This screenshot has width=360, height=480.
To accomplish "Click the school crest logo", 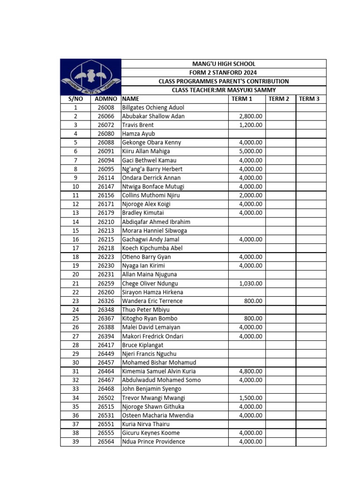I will click(90, 77).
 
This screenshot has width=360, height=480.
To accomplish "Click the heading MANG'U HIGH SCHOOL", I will click(224, 64).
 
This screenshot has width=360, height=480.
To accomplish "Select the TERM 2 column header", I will click(279, 99).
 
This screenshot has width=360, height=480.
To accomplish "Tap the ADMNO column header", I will click(105, 99).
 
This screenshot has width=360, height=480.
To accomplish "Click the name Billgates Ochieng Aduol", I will click(153, 107).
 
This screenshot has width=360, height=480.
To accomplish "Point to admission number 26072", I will click(105, 125).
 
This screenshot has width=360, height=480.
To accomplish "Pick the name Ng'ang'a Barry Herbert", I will click(152, 169).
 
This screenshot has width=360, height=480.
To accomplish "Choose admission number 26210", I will click(105, 222).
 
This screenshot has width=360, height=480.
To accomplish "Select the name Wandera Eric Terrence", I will click(152, 301).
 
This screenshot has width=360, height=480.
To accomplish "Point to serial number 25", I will click(75, 319).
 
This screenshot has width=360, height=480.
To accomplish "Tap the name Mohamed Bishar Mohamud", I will click(159, 362).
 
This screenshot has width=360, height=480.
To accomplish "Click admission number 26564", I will click(105, 442).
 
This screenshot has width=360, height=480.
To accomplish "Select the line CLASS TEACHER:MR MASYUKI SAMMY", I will click(224, 90).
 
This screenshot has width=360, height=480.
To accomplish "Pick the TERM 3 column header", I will click(309, 99).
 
